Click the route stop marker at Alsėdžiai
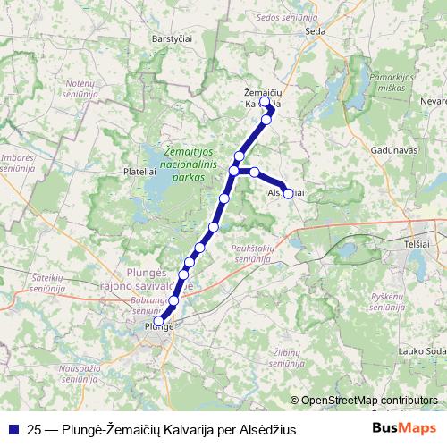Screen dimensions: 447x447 pyautogui.click(x=288, y=193)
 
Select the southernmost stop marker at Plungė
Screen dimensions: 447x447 pyautogui.click(x=159, y=321)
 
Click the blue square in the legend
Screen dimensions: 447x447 pyautogui.click(x=13, y=430)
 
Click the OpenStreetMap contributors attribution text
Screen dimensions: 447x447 pyautogui.click(x=368, y=401)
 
